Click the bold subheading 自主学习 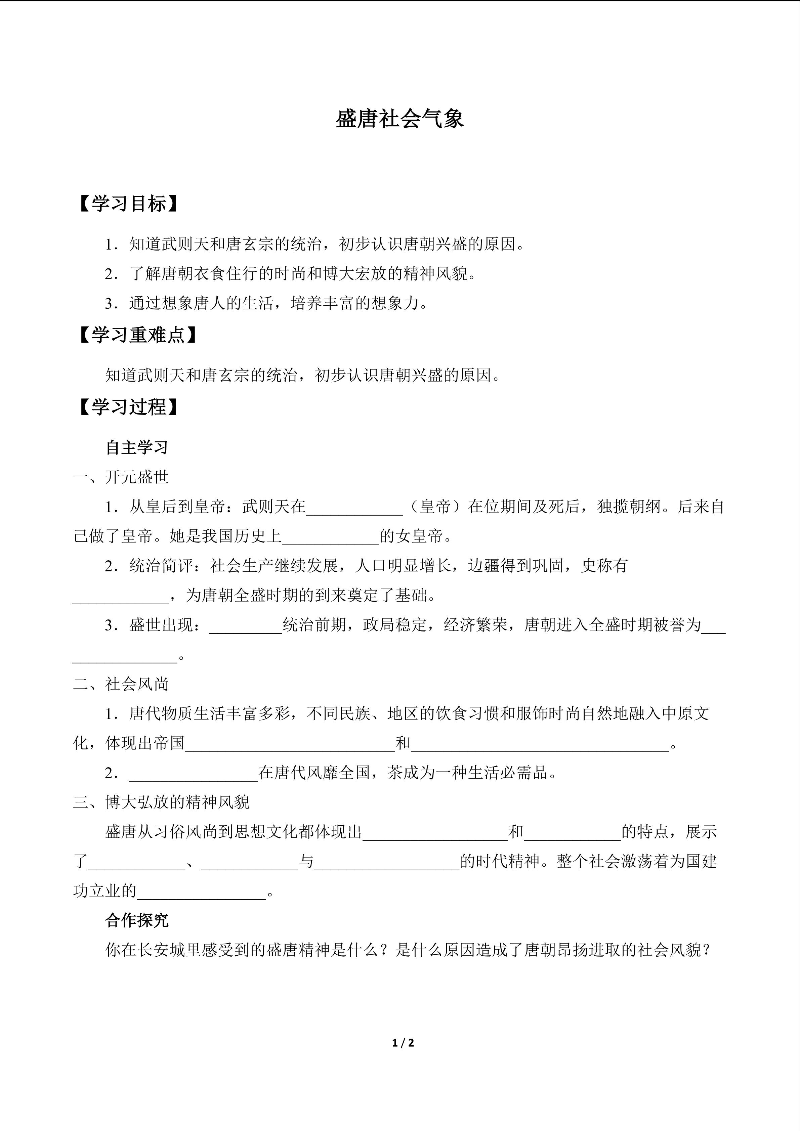click(137, 447)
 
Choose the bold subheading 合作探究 click(137, 920)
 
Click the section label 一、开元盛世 click(121, 477)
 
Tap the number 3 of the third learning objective click(109, 303)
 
